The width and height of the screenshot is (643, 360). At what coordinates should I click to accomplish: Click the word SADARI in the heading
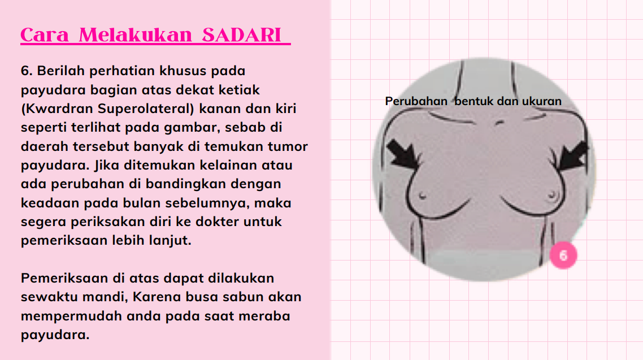(241, 35)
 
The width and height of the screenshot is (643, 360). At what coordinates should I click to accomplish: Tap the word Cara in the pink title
(44, 35)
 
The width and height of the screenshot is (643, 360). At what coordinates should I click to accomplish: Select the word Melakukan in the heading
(136, 35)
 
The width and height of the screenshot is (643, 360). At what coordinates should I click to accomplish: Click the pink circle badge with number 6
(563, 255)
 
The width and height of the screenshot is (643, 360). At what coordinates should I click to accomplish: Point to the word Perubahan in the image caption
(416, 101)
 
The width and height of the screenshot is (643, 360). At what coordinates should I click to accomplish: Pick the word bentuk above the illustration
(473, 101)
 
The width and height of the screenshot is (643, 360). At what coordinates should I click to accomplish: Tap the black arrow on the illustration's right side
(574, 156)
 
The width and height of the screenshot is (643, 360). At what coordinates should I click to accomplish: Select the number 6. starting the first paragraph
(27, 71)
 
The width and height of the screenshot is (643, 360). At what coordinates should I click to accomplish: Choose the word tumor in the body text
(288, 146)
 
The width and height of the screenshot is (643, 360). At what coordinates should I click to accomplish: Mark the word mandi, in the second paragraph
(105, 297)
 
